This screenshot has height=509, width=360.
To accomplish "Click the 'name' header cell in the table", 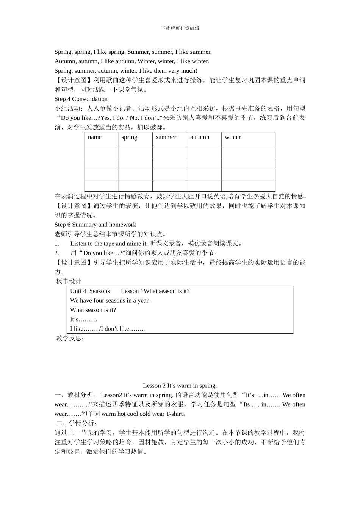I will tap(95, 137).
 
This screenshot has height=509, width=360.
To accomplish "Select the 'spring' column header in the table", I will tap(129, 137).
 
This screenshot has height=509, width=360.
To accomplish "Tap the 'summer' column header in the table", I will tap(166, 137).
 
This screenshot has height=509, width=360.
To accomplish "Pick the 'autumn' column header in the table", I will tap(200, 137).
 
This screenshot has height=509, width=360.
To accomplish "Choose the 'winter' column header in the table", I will tap(233, 137).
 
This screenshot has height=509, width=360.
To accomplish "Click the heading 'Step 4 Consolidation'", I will tap(81, 99).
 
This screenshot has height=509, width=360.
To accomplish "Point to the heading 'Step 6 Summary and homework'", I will tap(95, 225).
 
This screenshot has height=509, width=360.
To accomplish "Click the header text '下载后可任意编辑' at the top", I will tap(180, 28).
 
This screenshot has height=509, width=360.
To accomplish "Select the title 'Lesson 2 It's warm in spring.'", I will tap(180, 386).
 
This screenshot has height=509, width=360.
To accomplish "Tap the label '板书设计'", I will tap(69, 281).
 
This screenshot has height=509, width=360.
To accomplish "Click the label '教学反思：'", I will tap(70, 338).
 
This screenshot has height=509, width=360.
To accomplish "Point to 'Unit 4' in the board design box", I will tap(78, 291).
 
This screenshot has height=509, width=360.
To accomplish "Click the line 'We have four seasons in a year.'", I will tap(110, 300).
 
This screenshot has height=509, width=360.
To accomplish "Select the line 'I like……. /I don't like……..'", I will tap(107, 329).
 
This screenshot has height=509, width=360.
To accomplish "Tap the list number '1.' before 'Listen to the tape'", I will tap(57, 244).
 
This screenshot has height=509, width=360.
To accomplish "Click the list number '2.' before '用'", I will tap(57, 253).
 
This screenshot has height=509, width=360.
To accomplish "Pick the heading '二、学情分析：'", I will tap(77, 423).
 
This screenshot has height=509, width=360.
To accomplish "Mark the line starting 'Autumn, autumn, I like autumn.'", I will tap(131, 61).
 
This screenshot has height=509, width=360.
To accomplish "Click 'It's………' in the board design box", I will tap(83, 319).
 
